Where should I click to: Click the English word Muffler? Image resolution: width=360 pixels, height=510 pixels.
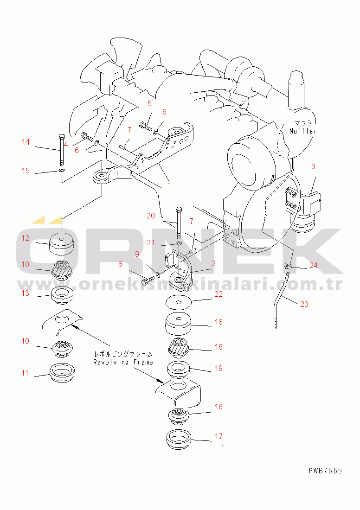pos(303,131)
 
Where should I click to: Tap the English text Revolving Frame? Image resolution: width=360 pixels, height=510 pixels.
pos(123,362)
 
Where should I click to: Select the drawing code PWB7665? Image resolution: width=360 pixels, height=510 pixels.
pos(326,471)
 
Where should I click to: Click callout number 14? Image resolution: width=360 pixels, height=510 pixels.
pos(26,142)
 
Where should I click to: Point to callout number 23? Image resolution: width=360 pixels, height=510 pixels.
pos(304,304)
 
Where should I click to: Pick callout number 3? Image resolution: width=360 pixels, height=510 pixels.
pos(313,166)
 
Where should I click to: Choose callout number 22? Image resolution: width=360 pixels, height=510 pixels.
pos(219,294)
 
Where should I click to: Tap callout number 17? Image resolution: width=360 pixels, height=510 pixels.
pos(219,436)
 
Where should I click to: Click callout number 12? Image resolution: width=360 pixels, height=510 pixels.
pos(26,238)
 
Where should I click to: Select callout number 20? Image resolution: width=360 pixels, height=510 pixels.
pos(151,216)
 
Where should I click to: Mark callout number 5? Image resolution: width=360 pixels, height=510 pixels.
pos(149,103)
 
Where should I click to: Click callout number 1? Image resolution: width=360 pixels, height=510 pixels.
pos(169,185)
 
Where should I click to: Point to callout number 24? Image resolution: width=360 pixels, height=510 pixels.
pos(314,265)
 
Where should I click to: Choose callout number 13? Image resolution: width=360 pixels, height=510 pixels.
pos(26,293)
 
